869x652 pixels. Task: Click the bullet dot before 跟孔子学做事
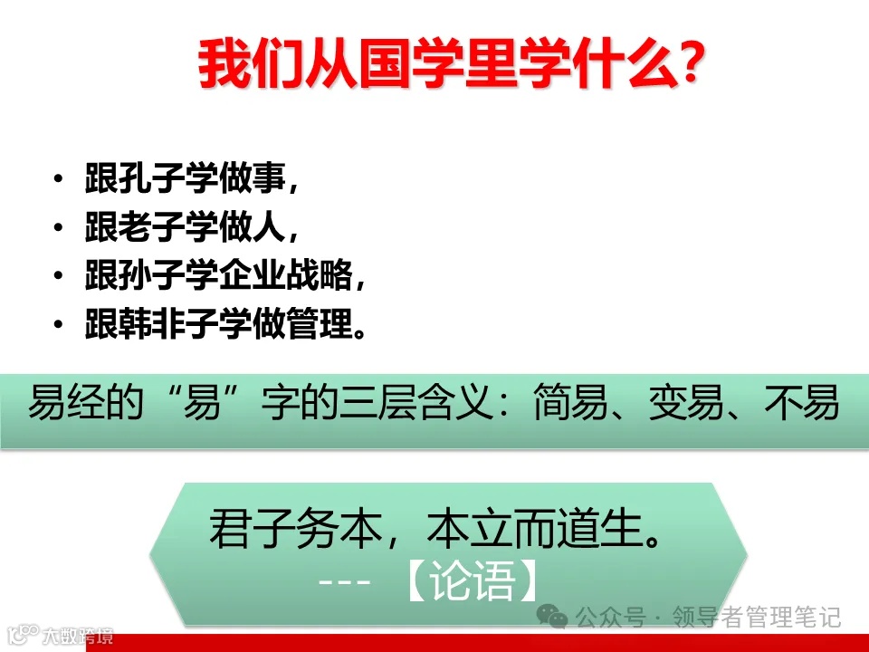(x=60, y=178)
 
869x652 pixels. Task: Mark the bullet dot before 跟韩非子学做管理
(x=60, y=324)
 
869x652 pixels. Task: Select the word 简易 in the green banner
(x=567, y=404)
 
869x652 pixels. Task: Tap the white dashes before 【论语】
(x=346, y=582)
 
